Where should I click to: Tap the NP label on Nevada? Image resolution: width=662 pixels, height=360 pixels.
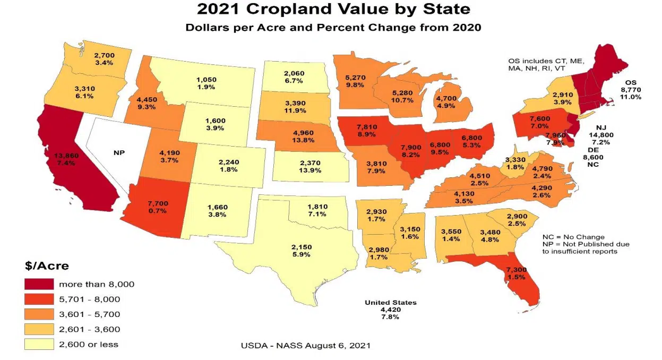point(118,152)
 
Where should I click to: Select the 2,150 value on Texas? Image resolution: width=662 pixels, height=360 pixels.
point(301,247)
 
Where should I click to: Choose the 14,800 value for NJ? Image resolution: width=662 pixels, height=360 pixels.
point(601,135)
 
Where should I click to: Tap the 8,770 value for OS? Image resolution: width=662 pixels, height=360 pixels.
point(630,90)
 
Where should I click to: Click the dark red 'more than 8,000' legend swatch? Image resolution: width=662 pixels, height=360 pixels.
point(39,284)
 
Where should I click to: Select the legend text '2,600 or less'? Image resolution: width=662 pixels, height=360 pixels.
point(89,344)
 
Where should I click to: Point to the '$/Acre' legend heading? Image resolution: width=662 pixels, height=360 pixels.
point(47,265)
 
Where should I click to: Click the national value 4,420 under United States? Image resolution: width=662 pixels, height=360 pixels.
point(390,310)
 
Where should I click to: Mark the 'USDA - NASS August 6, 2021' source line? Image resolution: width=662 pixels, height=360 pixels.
point(306,345)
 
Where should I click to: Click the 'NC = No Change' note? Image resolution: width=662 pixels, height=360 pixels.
point(573,237)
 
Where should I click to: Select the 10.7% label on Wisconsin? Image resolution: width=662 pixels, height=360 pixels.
point(402,100)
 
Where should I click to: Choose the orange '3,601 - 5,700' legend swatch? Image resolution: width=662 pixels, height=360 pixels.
point(39,314)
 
